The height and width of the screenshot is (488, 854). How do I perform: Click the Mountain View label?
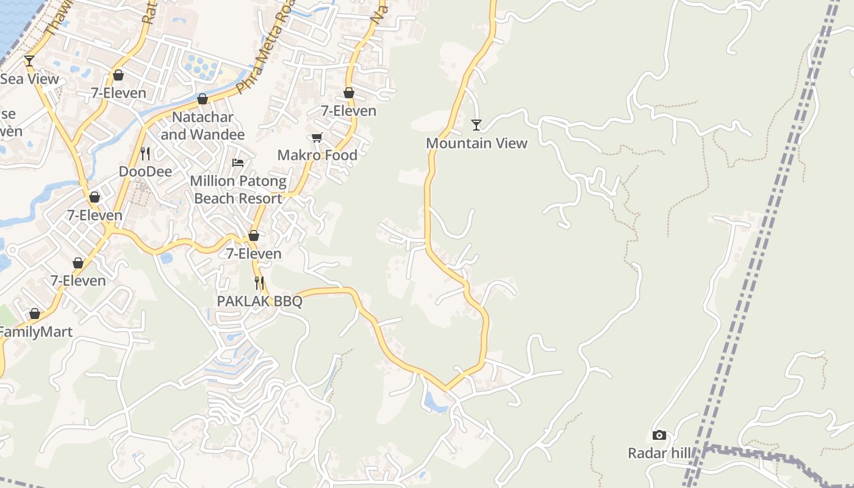476,143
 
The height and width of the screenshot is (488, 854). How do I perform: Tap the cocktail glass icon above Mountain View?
476,125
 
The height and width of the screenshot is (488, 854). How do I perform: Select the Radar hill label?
660,453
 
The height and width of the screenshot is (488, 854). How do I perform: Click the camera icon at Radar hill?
659,435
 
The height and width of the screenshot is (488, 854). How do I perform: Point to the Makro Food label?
317,155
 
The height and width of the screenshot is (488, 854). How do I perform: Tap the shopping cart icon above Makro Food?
317,137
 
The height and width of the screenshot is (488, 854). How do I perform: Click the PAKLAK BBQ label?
260,301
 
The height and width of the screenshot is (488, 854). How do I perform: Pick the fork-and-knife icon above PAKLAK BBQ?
259,282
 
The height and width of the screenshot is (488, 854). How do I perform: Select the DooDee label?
145,171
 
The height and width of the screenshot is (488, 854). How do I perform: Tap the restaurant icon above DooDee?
145,153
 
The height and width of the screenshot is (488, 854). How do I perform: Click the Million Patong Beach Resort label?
238,190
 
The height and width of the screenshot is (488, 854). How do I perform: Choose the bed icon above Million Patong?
238,163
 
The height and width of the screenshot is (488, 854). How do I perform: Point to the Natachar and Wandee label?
203,126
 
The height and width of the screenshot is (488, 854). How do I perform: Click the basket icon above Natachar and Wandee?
203,99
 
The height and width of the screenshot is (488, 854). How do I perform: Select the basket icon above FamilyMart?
35,314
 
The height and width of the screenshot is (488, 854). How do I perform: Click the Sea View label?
30,79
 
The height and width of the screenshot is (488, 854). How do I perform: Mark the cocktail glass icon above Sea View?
29,60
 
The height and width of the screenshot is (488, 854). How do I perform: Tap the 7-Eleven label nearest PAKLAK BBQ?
254,254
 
